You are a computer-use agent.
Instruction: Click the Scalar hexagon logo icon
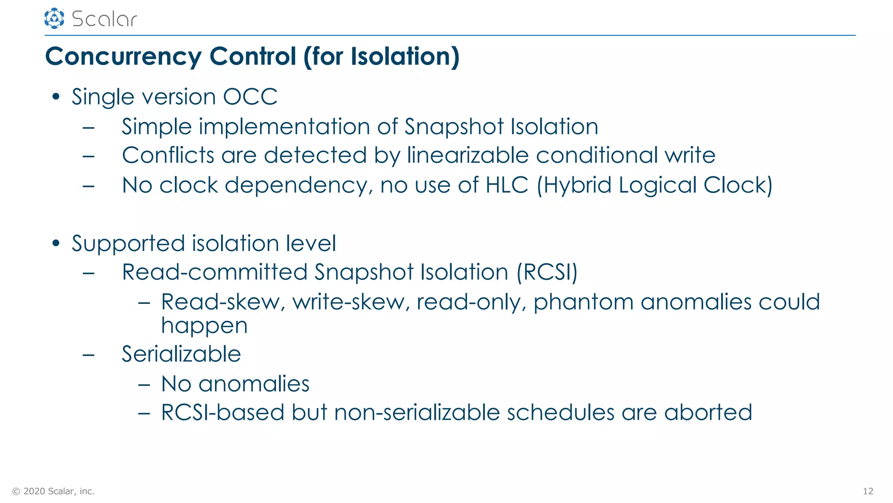[54, 18]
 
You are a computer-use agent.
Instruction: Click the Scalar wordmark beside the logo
[104, 19]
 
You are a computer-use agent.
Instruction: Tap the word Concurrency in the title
[123, 57]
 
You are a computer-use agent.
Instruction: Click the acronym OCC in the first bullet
[250, 96]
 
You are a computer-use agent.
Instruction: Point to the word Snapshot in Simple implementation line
[454, 127]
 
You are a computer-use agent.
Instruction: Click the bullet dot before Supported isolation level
[55, 243]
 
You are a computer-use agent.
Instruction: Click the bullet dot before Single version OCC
[55, 96]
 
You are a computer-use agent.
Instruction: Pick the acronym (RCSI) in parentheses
[547, 272]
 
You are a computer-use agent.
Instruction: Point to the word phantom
[583, 302]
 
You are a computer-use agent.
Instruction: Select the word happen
[204, 326]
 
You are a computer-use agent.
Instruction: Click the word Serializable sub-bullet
[181, 354]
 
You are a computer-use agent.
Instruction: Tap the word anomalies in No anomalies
[254, 384]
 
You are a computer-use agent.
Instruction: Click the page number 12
[868, 491]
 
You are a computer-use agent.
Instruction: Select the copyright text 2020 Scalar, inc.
[58, 491]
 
